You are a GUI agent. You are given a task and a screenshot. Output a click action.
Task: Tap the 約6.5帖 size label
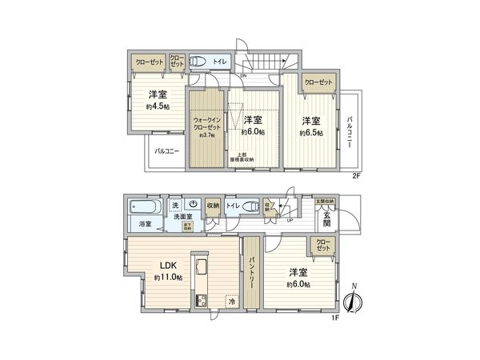click(x=311, y=133)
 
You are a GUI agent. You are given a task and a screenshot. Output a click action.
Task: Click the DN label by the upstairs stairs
click(x=243, y=75)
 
